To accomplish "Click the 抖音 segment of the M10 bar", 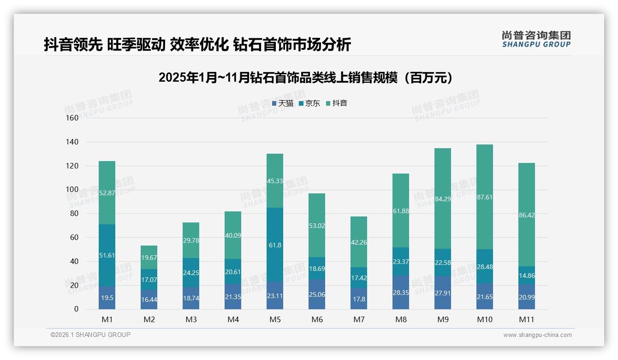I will click(484, 197).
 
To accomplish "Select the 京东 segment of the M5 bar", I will click(275, 245).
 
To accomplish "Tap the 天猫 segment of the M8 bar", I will click(401, 292).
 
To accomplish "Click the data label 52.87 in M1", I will click(107, 193).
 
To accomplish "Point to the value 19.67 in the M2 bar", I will click(149, 258).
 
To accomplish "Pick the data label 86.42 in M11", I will click(526, 215).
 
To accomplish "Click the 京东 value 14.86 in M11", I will click(526, 276).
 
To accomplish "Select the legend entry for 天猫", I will click(283, 103).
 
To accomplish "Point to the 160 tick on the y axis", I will click(72, 118).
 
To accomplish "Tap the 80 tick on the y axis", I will click(74, 214).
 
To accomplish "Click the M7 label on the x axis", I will click(359, 319).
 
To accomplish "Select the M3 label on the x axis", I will click(191, 319).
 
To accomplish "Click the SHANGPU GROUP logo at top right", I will click(536, 39).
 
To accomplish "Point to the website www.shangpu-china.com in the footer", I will click(537, 335).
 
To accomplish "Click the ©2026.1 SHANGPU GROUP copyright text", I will click(90, 335).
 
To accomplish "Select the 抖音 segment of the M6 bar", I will click(317, 225).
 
